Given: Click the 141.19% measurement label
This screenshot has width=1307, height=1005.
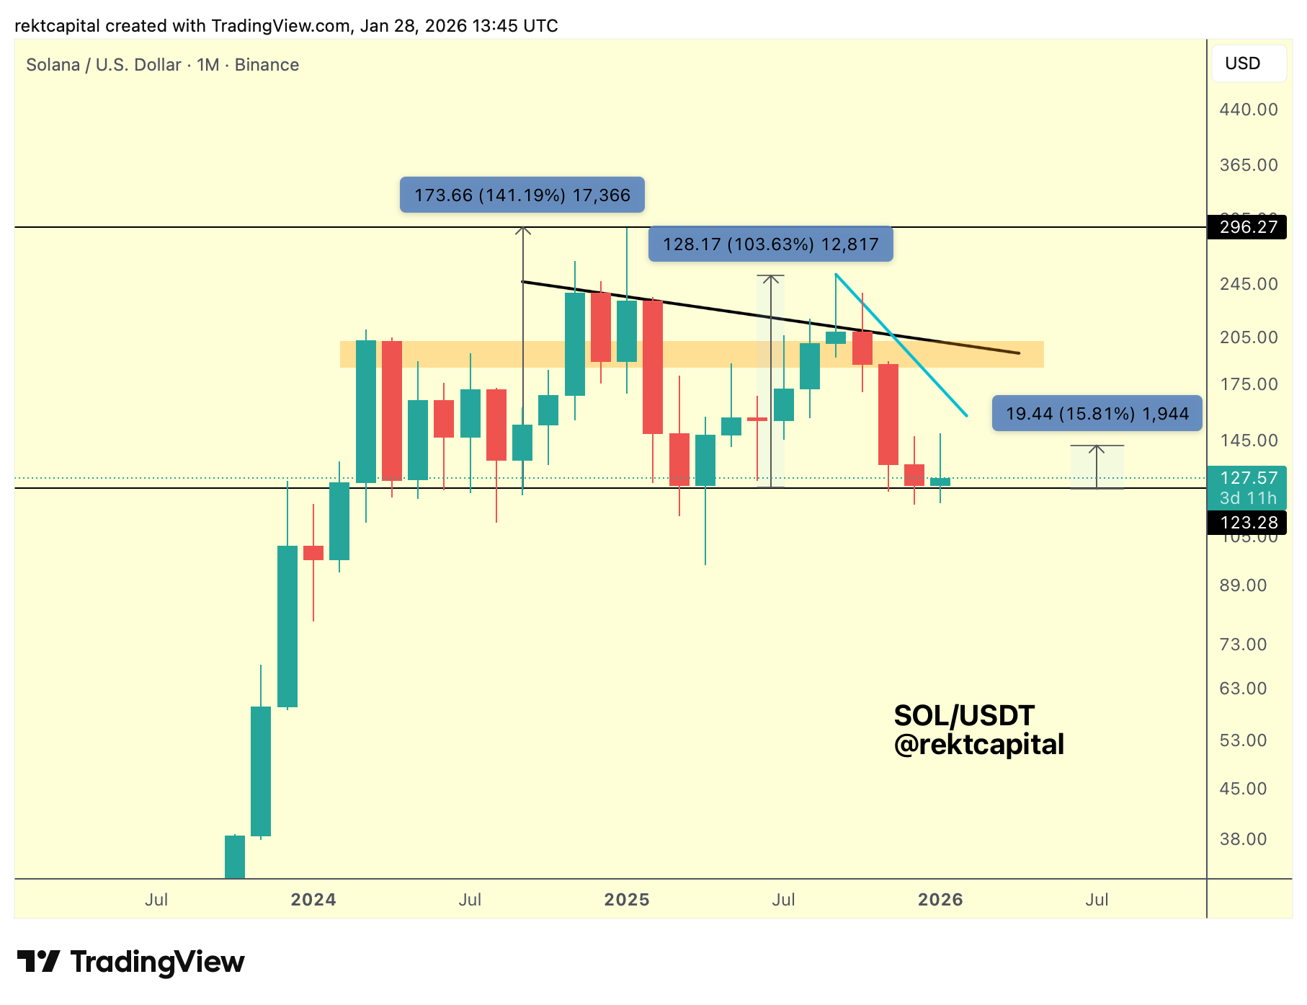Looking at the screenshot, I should [x=522, y=195].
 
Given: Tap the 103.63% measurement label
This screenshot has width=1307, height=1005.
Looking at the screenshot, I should [x=770, y=244].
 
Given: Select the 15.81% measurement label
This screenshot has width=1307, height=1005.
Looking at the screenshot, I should [x=1097, y=414].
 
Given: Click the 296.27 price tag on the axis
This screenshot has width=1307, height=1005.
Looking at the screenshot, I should [x=1248, y=227].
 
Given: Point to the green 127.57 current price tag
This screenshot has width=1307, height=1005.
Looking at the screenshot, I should [x=1248, y=479].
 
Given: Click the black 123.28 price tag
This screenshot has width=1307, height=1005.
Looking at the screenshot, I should [x=1248, y=523].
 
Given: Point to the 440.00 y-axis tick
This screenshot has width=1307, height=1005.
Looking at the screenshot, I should [x=1248, y=110].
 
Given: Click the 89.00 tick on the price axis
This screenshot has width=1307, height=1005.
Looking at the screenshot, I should [x=1242, y=585].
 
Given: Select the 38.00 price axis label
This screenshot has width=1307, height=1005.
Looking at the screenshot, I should [x=1242, y=839].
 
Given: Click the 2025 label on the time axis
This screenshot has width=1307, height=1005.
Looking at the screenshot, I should [x=626, y=900].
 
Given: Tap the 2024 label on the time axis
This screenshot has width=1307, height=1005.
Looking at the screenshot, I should [x=313, y=900].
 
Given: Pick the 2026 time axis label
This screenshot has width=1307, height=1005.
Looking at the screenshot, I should [x=940, y=900].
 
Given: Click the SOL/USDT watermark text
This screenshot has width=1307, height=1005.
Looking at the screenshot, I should [x=964, y=716].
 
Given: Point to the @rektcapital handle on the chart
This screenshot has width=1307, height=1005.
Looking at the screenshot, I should [x=978, y=745].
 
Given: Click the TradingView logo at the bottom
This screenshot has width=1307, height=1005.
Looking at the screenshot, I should [x=131, y=962].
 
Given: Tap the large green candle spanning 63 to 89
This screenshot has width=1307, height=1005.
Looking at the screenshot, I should [x=287, y=626].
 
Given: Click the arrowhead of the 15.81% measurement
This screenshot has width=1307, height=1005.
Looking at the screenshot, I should [x=1097, y=448].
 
